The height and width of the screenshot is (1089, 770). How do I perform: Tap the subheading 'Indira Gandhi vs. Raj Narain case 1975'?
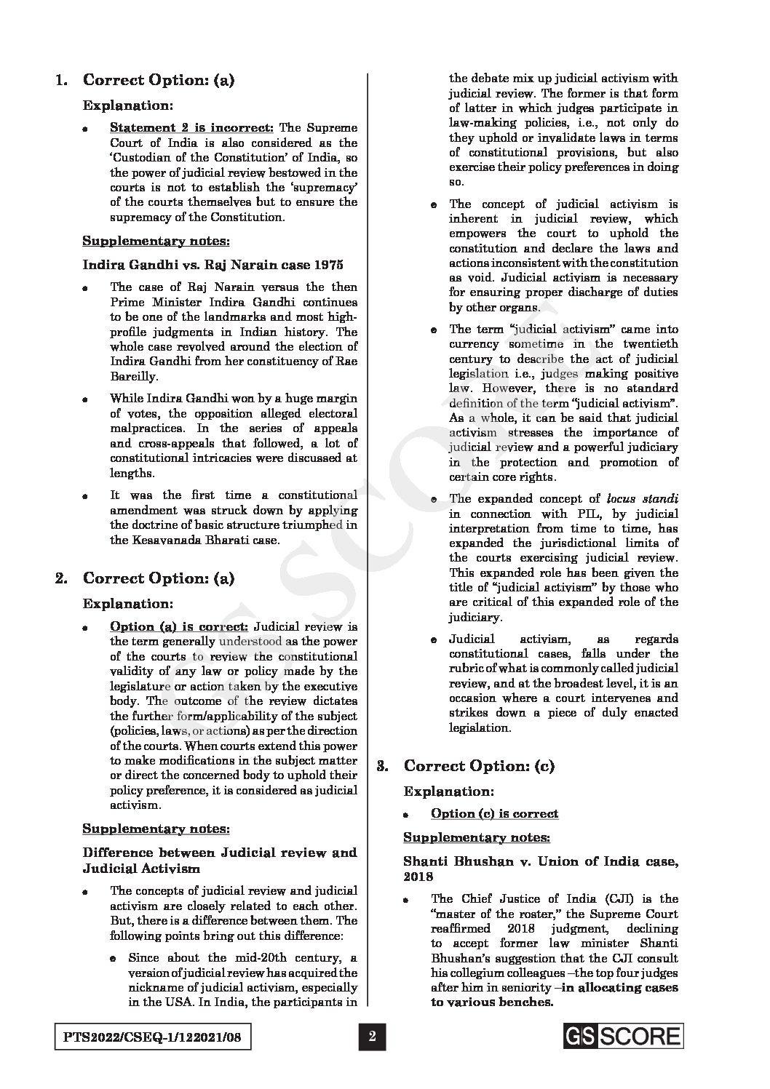[x=213, y=264]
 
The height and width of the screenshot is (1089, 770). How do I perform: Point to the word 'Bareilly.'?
[x=134, y=376]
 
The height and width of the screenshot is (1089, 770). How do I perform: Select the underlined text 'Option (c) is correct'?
[x=494, y=813]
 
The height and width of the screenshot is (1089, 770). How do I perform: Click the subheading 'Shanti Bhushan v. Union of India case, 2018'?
[x=540, y=869]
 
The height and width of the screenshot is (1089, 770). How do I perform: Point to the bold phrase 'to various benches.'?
[x=492, y=1002]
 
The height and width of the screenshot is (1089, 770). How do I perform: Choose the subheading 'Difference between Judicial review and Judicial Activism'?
[x=219, y=860]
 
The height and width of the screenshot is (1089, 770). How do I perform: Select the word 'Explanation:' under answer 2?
[x=128, y=604]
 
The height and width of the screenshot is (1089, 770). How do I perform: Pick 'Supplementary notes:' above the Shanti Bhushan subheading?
[x=477, y=837]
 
